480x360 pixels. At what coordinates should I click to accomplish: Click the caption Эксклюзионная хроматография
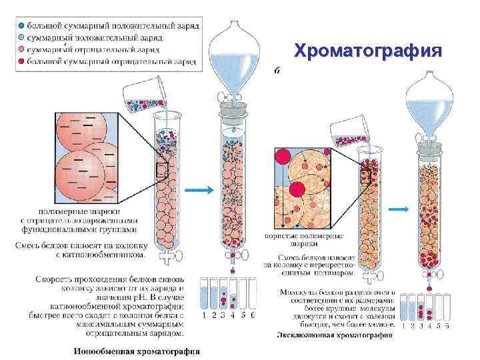tap(334, 336)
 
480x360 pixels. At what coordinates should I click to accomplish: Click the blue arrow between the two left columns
tap(198, 191)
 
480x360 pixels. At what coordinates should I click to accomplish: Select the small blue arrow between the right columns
tap(399, 209)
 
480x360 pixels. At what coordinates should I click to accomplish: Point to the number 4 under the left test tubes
tap(233, 315)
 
